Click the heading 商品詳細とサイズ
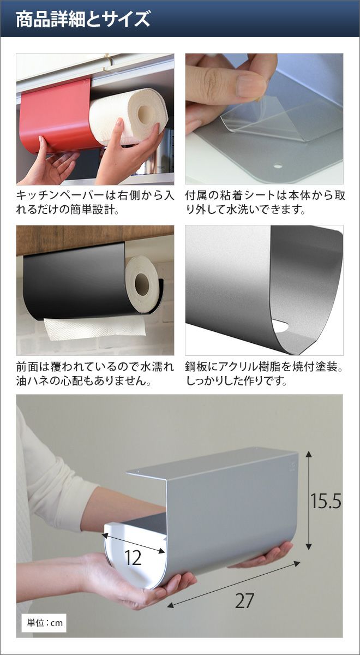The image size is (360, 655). click(83, 19)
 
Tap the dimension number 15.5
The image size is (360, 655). click(325, 501)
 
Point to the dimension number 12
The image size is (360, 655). click(133, 558)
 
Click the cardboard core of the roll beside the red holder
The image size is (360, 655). click(146, 112)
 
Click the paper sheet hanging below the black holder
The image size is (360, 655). click(95, 329)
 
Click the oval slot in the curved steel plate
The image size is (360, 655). click(280, 326)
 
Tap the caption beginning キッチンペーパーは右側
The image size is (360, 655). click(95, 202)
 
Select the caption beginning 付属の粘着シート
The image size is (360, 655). click(265, 202)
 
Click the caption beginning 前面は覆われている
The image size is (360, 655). click(95, 374)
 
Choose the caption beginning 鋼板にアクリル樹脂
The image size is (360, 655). click(264, 374)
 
